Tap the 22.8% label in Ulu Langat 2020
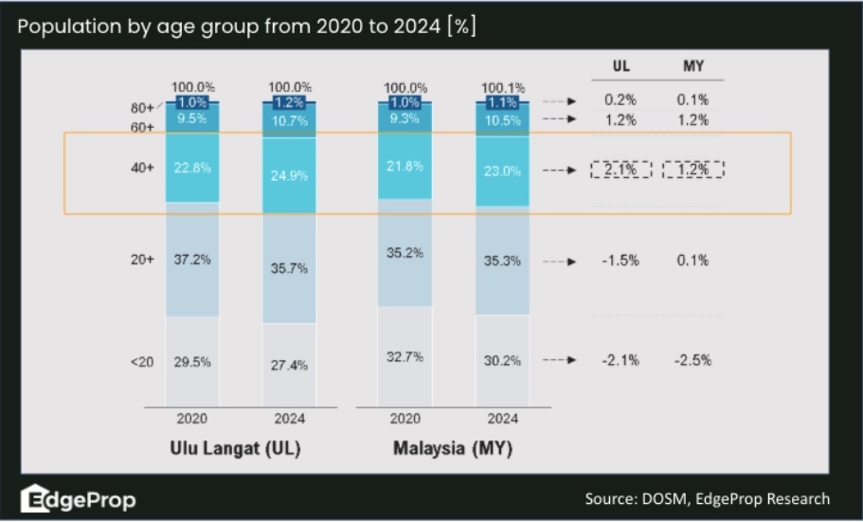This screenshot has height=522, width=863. pos(192,168)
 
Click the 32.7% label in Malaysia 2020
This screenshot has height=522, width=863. pos(405,356)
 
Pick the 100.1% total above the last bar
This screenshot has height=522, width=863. pos(502,87)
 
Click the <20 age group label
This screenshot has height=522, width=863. pos(142,361)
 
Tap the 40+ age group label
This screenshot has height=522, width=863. pos(142,168)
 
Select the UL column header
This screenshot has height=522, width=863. pos(620,67)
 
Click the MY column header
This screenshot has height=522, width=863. pos(693,67)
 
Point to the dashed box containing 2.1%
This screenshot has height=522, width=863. pos(621,170)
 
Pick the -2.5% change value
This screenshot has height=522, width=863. pos(693,361)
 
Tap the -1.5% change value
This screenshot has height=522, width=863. pos(621,261)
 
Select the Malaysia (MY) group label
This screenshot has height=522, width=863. pos(453,448)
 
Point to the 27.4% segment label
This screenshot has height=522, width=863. pos(289,366)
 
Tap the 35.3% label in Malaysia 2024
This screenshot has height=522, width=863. pos(502,261)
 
